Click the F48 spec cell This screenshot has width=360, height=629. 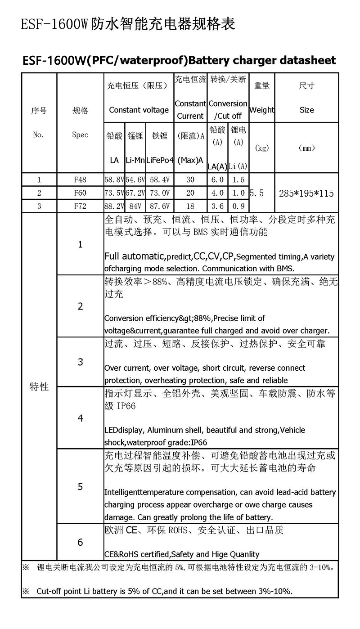[80, 180]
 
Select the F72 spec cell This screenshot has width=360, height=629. [80, 207]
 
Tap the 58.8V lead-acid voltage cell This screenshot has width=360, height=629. [114, 180]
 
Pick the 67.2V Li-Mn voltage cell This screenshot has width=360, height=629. [136, 193]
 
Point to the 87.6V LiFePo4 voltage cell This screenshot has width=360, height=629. [160, 207]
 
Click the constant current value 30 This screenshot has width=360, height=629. [190, 180]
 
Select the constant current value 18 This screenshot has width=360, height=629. [190, 207]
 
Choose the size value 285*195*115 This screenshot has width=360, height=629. [306, 193]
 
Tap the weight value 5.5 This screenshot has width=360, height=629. [256, 193]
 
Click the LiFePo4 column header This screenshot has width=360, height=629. [160, 160]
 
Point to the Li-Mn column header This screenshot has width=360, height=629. [135, 160]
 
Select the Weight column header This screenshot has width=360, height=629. [261, 110]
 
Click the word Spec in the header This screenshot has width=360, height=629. [80, 135]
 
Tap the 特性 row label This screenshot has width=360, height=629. [39, 386]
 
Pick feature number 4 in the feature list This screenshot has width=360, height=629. [80, 418]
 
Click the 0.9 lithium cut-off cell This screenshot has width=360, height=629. [238, 207]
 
